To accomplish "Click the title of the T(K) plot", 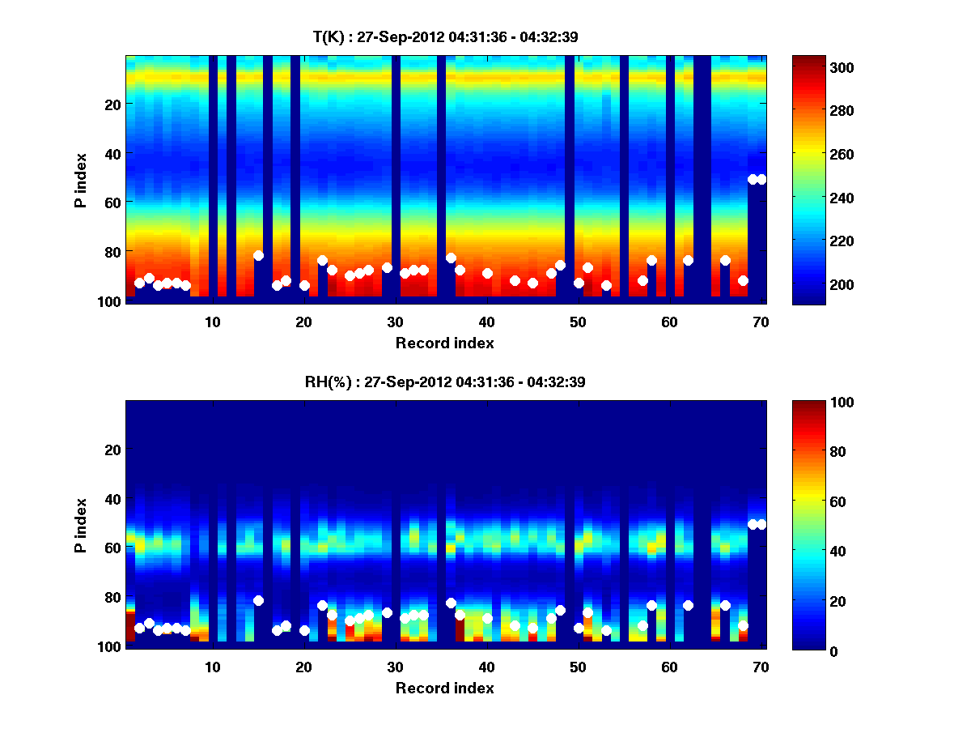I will [x=445, y=36].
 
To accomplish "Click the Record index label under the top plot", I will [x=444, y=343].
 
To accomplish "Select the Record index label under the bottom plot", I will [x=444, y=688].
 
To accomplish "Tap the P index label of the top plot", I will [x=80, y=180].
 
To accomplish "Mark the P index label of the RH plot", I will [x=80, y=525].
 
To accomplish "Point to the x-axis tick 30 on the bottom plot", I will [x=395, y=667].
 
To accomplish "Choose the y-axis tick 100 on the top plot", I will [x=112, y=301].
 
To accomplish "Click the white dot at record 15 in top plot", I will [x=258, y=255].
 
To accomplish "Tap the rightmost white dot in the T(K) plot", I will [x=761, y=179].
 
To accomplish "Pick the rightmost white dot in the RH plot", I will [x=761, y=524].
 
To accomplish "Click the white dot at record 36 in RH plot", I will [x=451, y=603].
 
